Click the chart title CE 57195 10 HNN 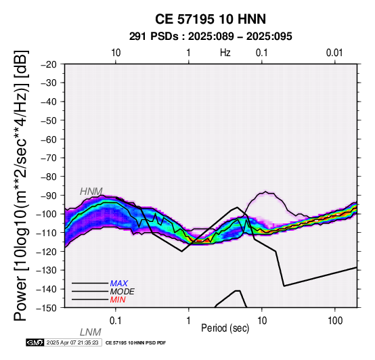(x=211, y=19)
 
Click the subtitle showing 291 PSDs (x=211, y=37)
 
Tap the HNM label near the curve (x=91, y=192)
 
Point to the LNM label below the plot (x=91, y=332)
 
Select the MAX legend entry (x=119, y=284)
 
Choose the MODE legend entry (x=123, y=292)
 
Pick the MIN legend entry (x=118, y=300)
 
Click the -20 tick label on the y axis (x=49, y=64)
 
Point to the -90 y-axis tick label (x=49, y=196)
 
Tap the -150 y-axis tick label (x=47, y=308)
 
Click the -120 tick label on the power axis (x=47, y=252)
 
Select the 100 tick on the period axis (x=335, y=321)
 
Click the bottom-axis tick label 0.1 (x=116, y=321)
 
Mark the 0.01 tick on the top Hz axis (x=334, y=53)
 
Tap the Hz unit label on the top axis (x=225, y=53)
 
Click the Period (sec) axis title (x=225, y=328)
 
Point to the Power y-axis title (x=20, y=185)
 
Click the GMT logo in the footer (x=35, y=342)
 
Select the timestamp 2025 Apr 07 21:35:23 (x=72, y=342)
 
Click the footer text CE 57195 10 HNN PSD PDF (x=135, y=343)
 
